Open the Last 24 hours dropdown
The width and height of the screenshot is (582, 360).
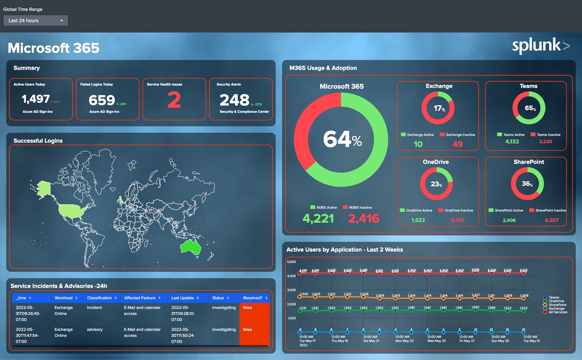point(35,20)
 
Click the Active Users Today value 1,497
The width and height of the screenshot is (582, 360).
point(36,99)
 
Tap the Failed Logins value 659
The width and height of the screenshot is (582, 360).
point(102,100)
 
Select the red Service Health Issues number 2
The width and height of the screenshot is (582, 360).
point(174,100)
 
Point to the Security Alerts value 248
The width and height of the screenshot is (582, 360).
point(234,100)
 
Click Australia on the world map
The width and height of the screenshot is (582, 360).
point(190,246)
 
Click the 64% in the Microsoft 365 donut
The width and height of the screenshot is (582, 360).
point(342,140)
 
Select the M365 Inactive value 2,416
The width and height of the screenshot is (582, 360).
point(364,218)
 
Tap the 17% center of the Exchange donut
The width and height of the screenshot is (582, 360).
point(439,109)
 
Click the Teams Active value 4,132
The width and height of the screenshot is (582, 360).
point(512,142)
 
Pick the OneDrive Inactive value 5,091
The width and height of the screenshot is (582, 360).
point(457,220)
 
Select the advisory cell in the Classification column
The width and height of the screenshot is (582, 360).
point(95,329)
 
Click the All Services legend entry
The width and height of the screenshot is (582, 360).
point(558,312)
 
